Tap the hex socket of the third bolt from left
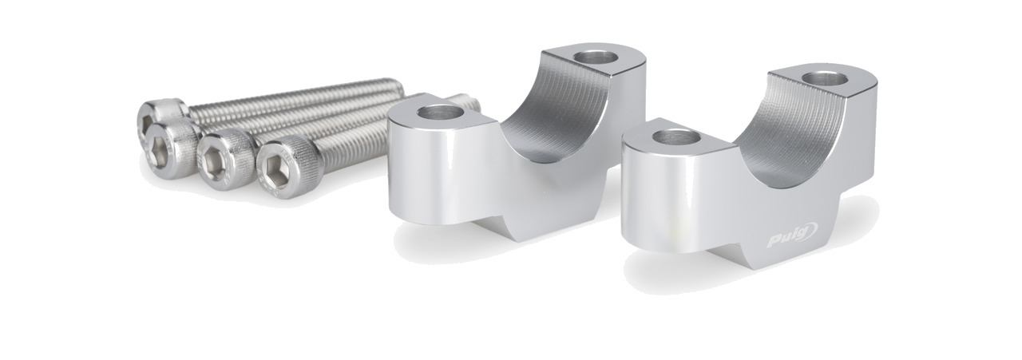(x=212, y=157)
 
